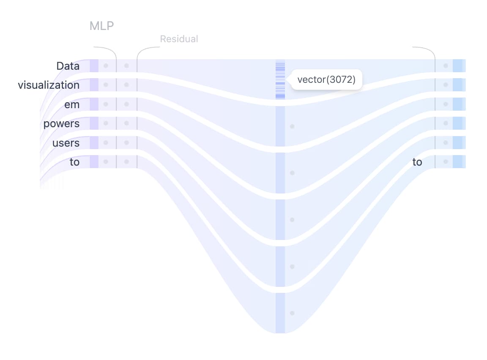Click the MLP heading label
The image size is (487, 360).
point(101,26)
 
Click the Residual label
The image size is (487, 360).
point(179,39)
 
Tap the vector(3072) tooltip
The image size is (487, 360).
point(326,79)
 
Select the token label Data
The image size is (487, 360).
point(68,66)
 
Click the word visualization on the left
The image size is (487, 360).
point(49,85)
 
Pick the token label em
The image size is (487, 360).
point(72,105)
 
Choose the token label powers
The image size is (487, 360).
point(61,123)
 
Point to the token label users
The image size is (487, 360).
point(66,143)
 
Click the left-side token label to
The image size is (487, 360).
point(74,162)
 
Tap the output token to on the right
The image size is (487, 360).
point(417,162)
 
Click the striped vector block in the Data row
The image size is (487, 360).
point(280,80)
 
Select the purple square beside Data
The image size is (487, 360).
point(94,66)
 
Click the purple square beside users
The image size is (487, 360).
point(94,142)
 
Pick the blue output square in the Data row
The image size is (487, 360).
point(459,66)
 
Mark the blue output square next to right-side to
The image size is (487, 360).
point(459,162)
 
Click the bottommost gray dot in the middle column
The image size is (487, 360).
point(292,313)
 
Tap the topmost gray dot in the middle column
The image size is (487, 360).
point(292,126)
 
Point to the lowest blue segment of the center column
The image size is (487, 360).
point(280,313)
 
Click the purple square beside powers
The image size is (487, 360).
point(94,123)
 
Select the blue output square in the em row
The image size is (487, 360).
point(459,104)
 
